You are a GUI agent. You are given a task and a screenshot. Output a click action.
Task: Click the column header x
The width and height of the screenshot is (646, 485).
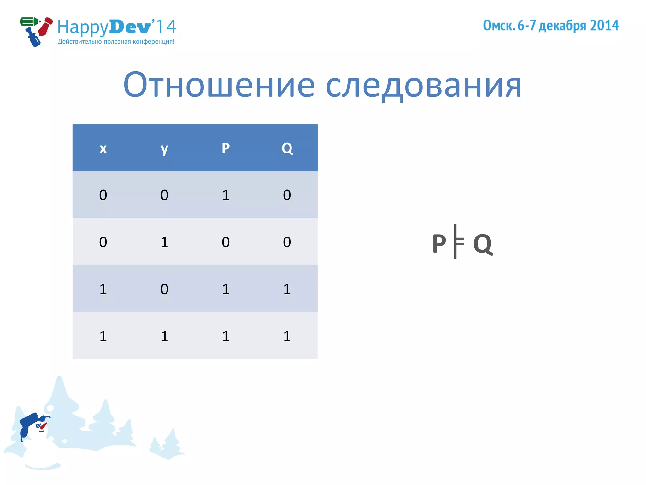pyautogui.click(x=103, y=148)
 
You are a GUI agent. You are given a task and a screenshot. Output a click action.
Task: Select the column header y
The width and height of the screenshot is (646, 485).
pyautogui.click(x=164, y=148)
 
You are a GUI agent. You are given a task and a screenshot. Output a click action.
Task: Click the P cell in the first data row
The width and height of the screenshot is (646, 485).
pyautogui.click(x=226, y=195)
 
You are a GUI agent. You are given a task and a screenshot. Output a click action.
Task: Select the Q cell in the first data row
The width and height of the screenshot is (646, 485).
pyautogui.click(x=287, y=195)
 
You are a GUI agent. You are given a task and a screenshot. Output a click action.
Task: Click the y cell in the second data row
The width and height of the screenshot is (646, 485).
pyautogui.click(x=164, y=242)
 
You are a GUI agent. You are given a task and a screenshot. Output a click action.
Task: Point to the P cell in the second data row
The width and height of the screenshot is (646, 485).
pyautogui.click(x=226, y=242)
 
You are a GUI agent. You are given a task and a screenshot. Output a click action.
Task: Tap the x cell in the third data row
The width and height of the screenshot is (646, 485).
pyautogui.click(x=103, y=289)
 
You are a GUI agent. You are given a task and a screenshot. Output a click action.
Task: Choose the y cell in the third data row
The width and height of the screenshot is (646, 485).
pyautogui.click(x=164, y=289)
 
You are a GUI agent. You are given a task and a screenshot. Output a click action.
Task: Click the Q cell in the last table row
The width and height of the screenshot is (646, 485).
pyautogui.click(x=287, y=336)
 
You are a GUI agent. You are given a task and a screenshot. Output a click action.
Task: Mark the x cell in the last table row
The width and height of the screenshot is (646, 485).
pyautogui.click(x=103, y=336)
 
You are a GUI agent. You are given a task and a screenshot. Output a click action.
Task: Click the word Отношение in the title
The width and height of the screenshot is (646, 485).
pyautogui.click(x=219, y=85)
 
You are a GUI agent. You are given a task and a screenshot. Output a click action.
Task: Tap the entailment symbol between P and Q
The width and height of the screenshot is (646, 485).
pyautogui.click(x=458, y=242)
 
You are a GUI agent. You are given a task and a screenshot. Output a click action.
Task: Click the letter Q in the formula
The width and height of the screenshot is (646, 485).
pyautogui.click(x=483, y=244)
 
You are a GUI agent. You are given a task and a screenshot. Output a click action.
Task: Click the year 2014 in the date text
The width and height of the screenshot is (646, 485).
pyautogui.click(x=604, y=25)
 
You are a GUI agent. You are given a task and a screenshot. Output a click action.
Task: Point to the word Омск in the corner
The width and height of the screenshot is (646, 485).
pyautogui.click(x=498, y=25)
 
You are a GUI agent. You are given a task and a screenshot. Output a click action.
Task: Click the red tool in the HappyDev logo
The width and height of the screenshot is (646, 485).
pyautogui.click(x=46, y=27)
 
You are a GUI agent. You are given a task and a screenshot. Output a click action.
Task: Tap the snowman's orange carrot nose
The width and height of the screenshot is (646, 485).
pyautogui.click(x=43, y=426)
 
